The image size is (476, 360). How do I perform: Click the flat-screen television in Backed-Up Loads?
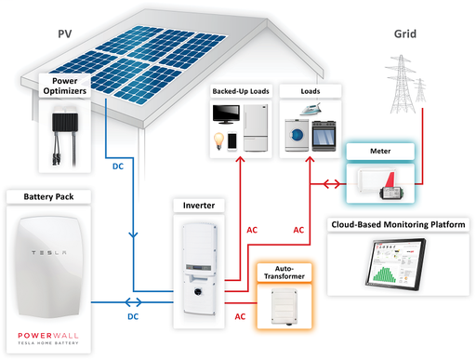click(x=227, y=115)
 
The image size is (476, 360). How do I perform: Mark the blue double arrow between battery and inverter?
click(x=134, y=302)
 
